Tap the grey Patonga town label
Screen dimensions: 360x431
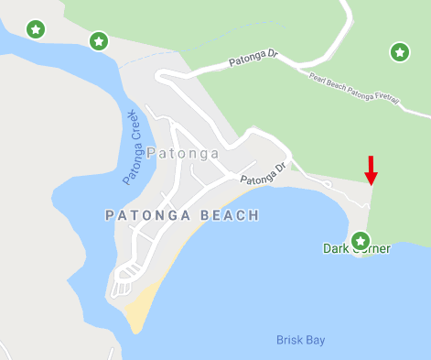click(182, 153)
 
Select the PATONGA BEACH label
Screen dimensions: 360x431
click(182, 215)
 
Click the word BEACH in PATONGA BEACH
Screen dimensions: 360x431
click(231, 215)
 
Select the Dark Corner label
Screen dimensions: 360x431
click(357, 248)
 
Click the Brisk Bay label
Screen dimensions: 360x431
click(301, 340)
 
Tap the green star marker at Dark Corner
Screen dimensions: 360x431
click(361, 241)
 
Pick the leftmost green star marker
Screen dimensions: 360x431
click(35, 29)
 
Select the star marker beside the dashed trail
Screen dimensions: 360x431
click(99, 41)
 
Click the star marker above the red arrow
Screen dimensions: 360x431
click(399, 52)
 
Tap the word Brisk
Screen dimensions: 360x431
click(290, 340)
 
